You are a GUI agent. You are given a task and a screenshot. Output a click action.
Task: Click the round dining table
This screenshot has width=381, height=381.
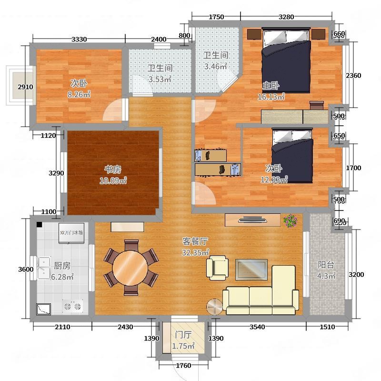pyautogui.click(x=130, y=268)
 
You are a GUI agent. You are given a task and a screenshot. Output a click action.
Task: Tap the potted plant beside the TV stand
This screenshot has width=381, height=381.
pyautogui.click(x=291, y=221)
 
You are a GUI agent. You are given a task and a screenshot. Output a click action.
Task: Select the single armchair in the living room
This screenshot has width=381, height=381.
pyautogui.click(x=217, y=268)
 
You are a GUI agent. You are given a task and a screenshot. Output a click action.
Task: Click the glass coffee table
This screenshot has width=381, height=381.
pyautogui.click(x=251, y=270)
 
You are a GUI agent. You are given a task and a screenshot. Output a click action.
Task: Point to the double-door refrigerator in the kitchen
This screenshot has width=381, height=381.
pyautogui.click(x=71, y=233)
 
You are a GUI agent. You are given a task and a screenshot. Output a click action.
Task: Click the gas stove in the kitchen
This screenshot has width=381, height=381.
pyautogui.click(x=72, y=306)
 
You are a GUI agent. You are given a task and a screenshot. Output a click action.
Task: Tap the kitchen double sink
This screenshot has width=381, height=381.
pyautogui.click(x=44, y=268)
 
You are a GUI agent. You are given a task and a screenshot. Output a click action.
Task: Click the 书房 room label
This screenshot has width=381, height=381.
pyautogui.click(x=113, y=170)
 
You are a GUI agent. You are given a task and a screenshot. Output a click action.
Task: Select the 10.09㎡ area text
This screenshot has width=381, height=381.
pyautogui.click(x=113, y=180)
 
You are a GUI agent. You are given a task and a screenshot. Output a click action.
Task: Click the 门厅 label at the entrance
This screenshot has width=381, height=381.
pyautogui.click(x=183, y=335)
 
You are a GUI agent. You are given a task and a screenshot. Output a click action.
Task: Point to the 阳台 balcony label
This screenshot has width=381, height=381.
pyautogui.click(x=326, y=265)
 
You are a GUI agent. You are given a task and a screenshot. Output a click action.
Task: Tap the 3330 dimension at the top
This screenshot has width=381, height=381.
pyautogui.click(x=79, y=39)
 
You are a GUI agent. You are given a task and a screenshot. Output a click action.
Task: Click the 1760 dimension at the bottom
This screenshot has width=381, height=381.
pyautogui.click(x=183, y=365)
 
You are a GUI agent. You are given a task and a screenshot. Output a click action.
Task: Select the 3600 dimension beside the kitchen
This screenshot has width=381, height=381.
pyautogui.click(x=26, y=269)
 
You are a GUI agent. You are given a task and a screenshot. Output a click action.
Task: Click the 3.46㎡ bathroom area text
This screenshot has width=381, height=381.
pyautogui.click(x=216, y=66)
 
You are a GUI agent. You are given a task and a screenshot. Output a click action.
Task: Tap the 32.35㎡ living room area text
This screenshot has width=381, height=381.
pyautogui.click(x=195, y=252)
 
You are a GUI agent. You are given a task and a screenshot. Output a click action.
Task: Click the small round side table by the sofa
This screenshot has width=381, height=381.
pyautogui.click(x=214, y=307)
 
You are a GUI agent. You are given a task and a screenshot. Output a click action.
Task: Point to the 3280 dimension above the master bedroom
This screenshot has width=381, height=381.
pyautogui.click(x=286, y=17)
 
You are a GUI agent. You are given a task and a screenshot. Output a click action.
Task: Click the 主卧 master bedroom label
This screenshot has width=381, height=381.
pyautogui.click(x=271, y=86)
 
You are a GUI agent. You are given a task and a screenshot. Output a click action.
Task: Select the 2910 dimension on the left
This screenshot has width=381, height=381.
pyautogui.click(x=25, y=87)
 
